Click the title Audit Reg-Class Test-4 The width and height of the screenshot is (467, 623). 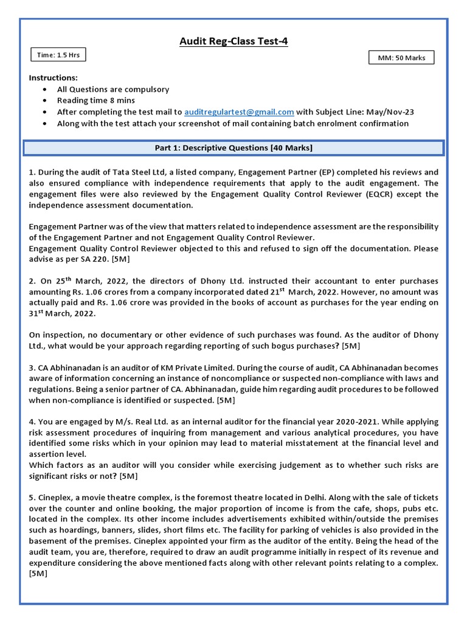point(233,41)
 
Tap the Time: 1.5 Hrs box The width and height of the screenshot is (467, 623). point(58,55)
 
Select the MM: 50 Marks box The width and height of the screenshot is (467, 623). point(401,58)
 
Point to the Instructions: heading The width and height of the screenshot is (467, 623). point(54,78)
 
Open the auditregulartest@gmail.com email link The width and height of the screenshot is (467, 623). point(239,112)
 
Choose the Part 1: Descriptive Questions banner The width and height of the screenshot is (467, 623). point(233,148)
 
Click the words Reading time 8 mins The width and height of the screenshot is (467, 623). point(96,100)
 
